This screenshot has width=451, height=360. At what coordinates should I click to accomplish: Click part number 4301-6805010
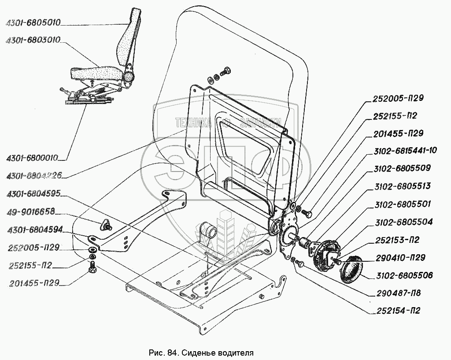[33, 22]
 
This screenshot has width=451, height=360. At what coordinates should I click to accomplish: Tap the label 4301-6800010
[33, 157]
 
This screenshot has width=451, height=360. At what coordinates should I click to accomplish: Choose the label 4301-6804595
[33, 194]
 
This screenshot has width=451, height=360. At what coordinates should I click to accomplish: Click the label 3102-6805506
[404, 276]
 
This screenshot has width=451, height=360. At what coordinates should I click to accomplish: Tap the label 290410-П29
[399, 258]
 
